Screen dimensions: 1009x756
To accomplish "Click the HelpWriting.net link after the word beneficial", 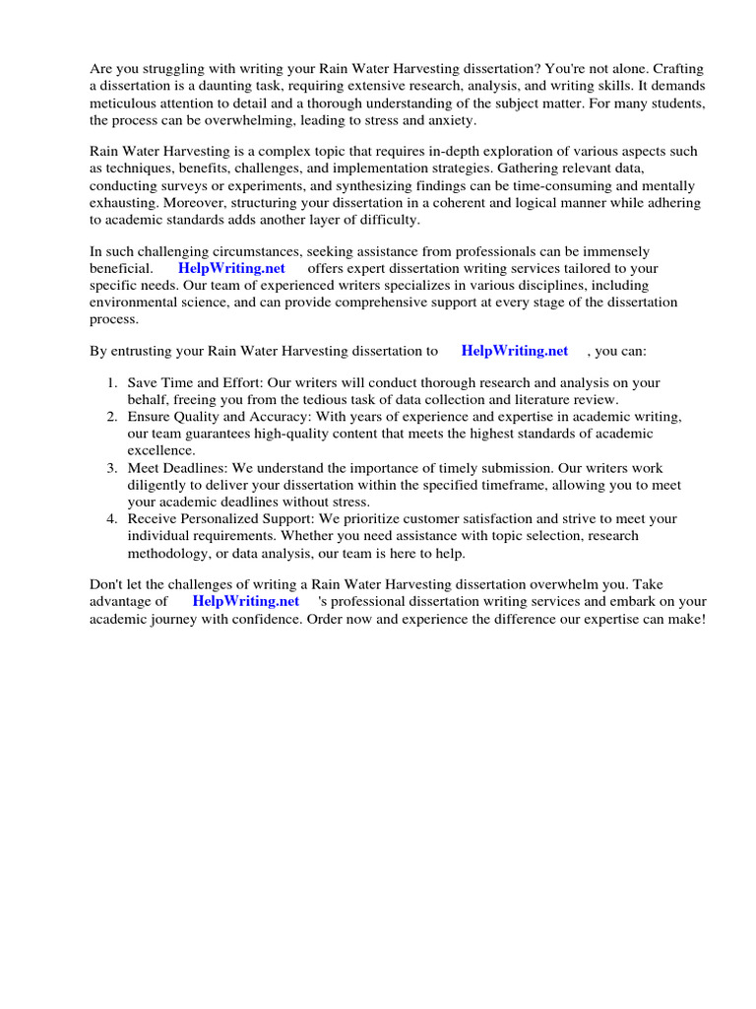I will point(231,269).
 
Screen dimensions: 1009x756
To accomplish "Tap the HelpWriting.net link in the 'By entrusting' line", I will point(514,351).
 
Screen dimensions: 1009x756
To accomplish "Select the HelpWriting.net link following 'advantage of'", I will point(245,601).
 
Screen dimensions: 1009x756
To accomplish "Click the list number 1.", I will point(112,382).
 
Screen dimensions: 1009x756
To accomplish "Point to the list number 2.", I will point(112,417).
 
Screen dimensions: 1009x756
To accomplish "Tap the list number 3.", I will point(112,468).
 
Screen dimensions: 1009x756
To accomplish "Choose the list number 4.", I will point(112,519).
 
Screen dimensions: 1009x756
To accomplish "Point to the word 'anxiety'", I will point(450,120).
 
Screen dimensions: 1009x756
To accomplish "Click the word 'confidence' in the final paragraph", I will point(307,619).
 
